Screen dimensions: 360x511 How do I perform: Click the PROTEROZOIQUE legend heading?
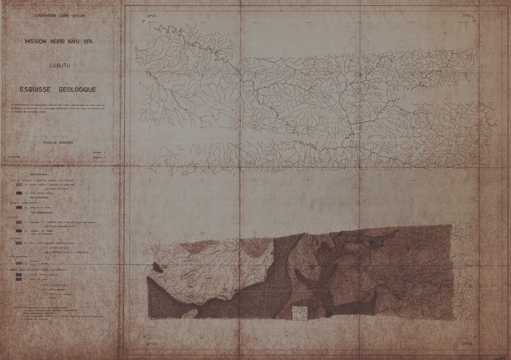(43, 214)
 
